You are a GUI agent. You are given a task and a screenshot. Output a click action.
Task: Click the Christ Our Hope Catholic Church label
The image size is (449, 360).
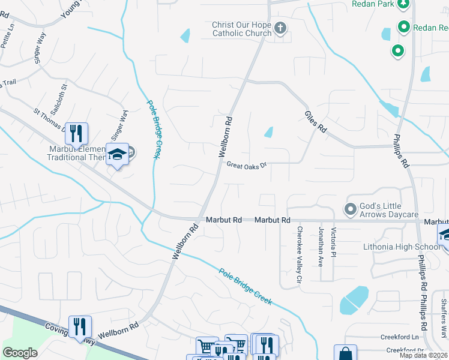[x=241, y=29]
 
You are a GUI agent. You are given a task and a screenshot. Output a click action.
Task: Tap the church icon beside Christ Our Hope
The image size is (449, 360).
[x=280, y=28]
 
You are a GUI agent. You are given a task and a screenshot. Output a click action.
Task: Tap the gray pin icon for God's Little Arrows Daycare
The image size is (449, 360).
[x=350, y=209]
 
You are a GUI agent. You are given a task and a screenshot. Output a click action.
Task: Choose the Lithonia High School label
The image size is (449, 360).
[x=402, y=247]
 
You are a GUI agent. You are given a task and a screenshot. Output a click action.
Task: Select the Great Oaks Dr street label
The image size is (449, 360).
[x=246, y=164]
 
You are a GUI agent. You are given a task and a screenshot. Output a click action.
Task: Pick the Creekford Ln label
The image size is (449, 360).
[x=402, y=338]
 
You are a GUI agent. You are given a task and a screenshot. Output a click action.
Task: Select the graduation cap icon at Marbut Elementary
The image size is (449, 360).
[x=118, y=154]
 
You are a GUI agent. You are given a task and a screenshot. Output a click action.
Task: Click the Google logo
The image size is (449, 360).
[x=20, y=353]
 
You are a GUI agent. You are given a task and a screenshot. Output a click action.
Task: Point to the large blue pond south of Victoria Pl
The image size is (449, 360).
[x=354, y=300]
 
